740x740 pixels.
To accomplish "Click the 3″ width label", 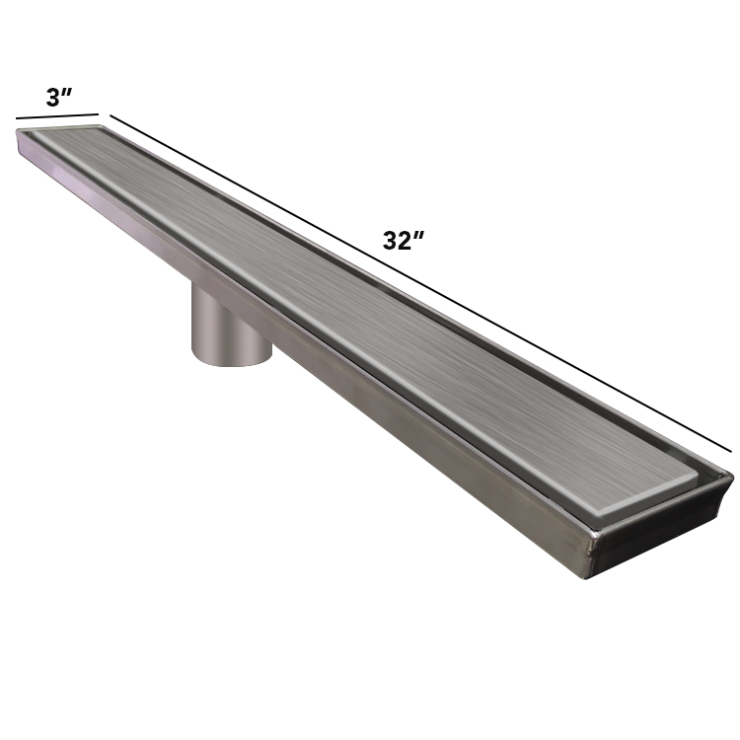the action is (59, 97).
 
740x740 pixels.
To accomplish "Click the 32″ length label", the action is (404, 240).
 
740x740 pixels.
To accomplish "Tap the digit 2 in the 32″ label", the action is (405, 241).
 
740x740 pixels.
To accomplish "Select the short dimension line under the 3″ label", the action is (57, 116).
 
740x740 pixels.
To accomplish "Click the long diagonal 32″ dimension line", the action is (420, 283).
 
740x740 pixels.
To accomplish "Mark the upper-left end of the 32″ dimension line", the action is (111, 114).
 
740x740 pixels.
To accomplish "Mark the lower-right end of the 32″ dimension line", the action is (731, 452).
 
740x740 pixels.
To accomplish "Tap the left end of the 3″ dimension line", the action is (17, 118).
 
